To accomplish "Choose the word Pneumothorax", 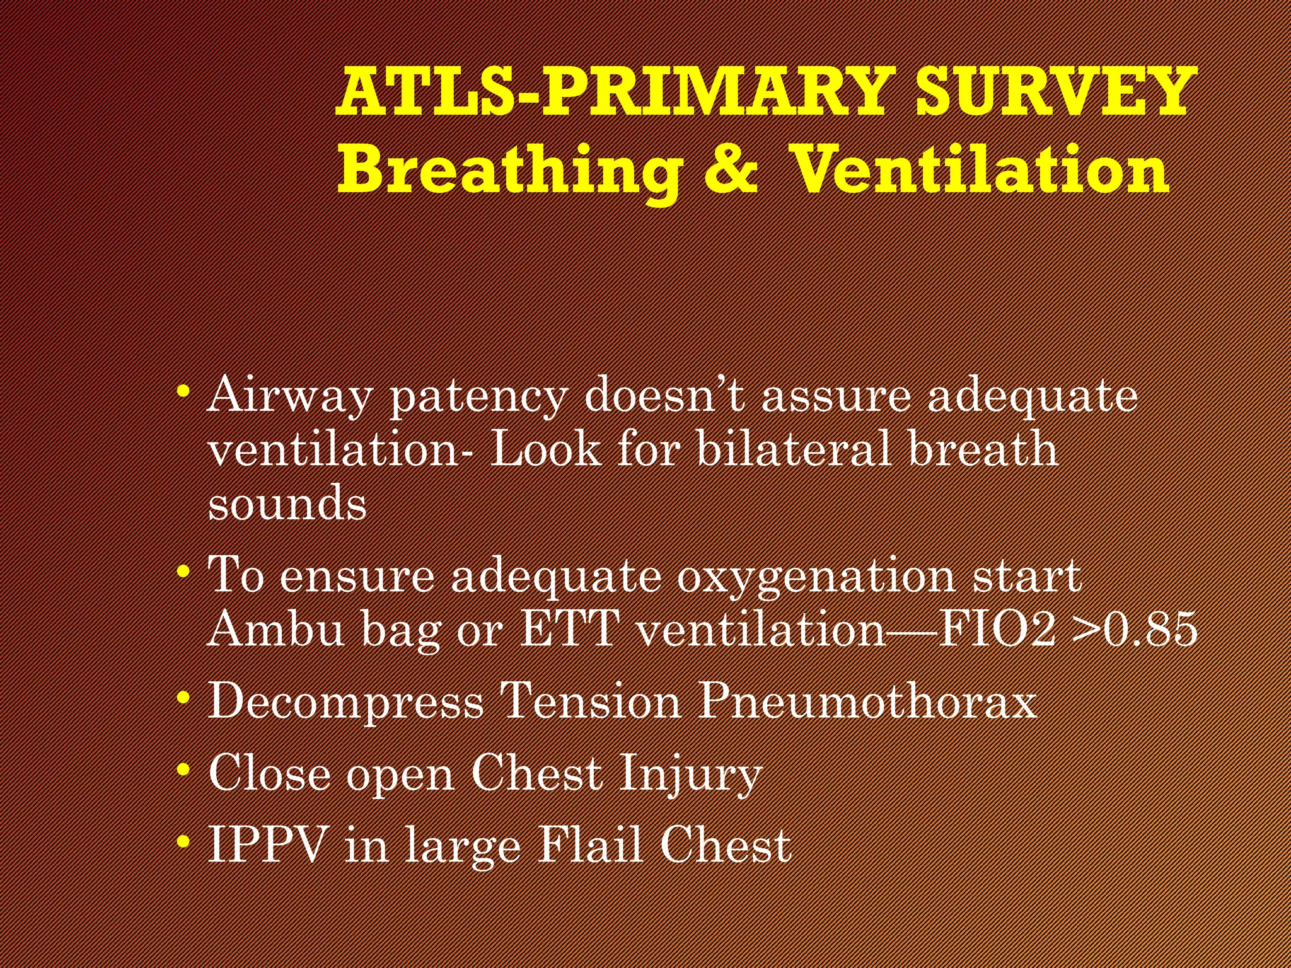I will pos(867,701).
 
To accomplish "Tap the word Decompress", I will pos(345,701).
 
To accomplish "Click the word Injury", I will pos(691,774).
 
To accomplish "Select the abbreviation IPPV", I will pos(269,844).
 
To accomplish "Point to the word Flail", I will pos(591,844).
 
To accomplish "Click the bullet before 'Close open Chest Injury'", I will pos(183,769).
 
